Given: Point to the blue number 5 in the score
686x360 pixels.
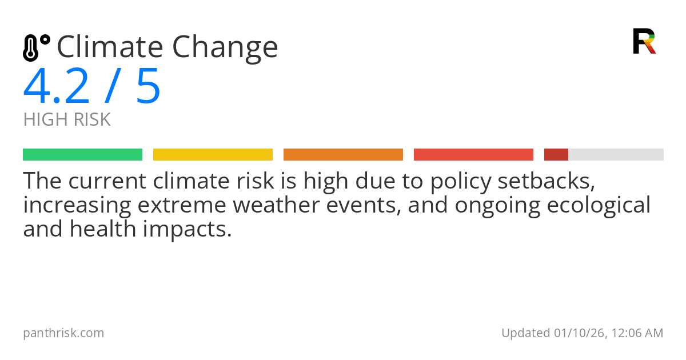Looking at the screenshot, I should tap(148, 87).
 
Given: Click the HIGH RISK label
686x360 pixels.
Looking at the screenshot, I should tap(67, 120).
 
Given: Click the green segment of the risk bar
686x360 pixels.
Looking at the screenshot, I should tap(82, 155).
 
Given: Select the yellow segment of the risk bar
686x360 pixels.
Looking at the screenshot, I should tap(213, 155).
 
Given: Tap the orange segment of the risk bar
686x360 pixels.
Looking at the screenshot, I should tap(343, 155).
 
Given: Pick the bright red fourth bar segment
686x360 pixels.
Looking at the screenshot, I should tap(473, 155).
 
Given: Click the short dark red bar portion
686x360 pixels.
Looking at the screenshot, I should tap(556, 155).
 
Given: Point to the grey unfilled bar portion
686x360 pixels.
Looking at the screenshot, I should tap(616, 155).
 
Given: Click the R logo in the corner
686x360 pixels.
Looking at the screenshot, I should tap(644, 41).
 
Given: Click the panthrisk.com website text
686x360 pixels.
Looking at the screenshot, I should tap(63, 333).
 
